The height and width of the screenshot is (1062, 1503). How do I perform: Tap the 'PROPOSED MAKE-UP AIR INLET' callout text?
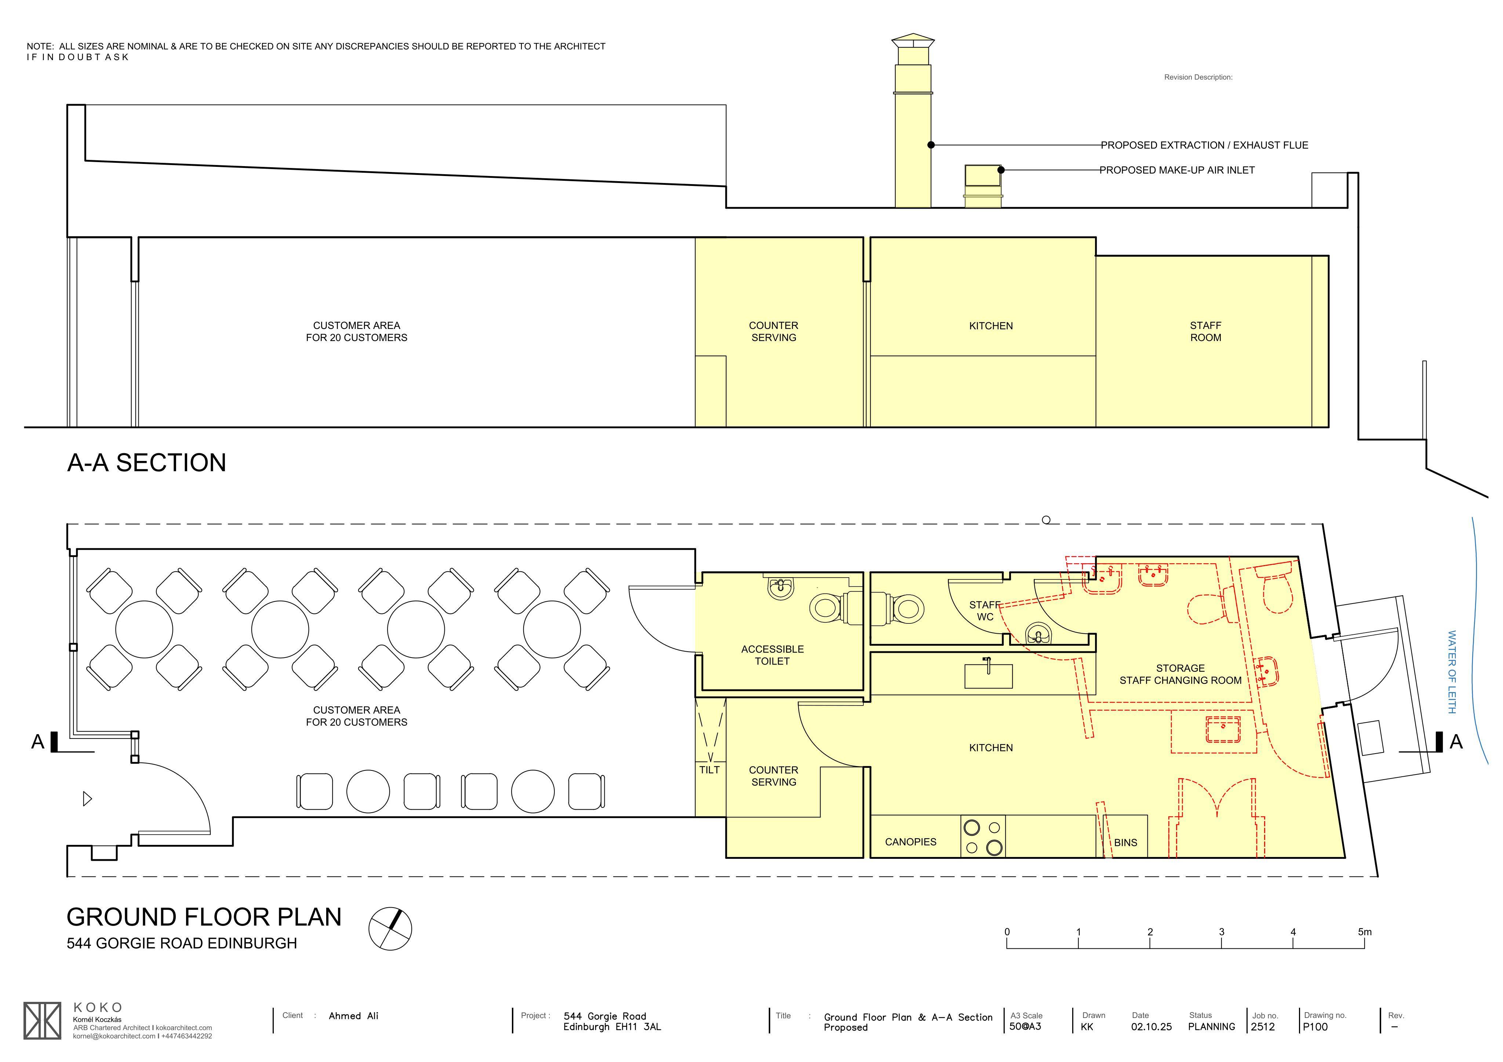(1177, 170)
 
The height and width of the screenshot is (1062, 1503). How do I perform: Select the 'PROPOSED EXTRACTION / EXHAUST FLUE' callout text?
(1205, 145)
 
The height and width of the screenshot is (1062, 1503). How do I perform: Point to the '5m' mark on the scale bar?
(1365, 932)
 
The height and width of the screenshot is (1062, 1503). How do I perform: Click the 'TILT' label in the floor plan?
(710, 770)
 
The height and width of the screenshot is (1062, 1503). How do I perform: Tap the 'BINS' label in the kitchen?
(1126, 843)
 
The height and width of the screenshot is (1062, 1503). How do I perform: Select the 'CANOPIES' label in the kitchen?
(911, 842)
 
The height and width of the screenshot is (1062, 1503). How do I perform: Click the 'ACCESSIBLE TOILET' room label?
(772, 655)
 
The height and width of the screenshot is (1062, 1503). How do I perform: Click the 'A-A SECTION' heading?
(147, 463)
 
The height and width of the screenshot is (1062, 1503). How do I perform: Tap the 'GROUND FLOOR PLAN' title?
(204, 918)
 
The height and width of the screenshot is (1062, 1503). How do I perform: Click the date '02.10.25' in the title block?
(1151, 1027)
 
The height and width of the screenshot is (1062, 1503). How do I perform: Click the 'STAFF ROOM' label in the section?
(1206, 332)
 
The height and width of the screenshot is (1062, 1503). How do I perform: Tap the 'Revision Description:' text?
(1198, 77)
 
